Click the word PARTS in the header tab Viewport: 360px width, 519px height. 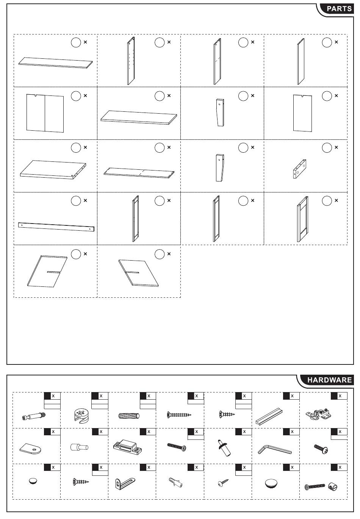tap(339, 9)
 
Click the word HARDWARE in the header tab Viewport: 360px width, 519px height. tap(329, 380)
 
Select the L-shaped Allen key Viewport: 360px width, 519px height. tap(275, 449)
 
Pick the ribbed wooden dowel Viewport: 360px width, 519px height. tap(129, 416)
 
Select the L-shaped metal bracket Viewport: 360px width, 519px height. tap(125, 483)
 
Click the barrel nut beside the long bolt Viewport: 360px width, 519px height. tap(332, 487)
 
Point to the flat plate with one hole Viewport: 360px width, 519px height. tap(31, 449)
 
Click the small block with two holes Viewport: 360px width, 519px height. tap(299, 169)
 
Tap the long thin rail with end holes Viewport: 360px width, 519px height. tap(56, 227)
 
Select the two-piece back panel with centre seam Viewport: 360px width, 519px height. tap(45, 113)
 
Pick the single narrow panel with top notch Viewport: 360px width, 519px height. tap(302, 113)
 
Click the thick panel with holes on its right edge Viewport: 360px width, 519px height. tap(53, 169)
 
